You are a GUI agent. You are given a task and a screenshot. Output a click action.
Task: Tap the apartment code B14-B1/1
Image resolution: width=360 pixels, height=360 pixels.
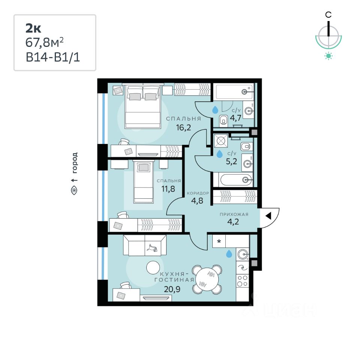[53, 58]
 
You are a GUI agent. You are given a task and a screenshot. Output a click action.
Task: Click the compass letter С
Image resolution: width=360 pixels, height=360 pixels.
[328, 15]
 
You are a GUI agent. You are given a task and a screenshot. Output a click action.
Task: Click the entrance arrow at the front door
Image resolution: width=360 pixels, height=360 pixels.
[268, 216]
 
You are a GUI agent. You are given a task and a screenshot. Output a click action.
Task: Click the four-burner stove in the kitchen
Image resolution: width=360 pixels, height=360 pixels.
[243, 281]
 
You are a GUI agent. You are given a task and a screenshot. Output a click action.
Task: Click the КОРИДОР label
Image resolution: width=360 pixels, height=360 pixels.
[198, 193]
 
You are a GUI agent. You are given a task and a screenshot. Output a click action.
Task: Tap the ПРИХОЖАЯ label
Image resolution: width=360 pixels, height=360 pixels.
[234, 214]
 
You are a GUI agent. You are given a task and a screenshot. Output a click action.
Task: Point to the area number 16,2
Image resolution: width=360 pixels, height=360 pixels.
[184, 127]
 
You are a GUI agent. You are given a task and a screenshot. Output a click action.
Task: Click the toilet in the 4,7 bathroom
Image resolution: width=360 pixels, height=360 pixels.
[224, 120]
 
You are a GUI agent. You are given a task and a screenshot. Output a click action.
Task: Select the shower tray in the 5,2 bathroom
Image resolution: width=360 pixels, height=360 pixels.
[221, 142]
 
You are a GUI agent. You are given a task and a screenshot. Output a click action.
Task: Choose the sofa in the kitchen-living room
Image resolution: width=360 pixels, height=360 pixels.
[145, 246]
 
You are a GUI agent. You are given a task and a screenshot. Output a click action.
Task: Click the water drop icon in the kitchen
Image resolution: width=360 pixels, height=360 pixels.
[228, 254]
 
